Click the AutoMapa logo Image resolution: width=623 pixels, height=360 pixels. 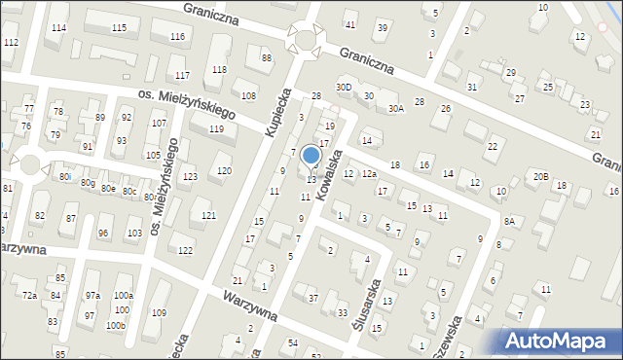tap(558, 341)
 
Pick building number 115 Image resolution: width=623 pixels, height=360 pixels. tap(119, 27)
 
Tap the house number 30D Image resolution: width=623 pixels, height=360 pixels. tap(343, 87)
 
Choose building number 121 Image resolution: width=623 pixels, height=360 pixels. tap(208, 215)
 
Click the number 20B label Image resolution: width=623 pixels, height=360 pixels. tap(540, 176)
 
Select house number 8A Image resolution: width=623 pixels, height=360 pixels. tap(508, 222)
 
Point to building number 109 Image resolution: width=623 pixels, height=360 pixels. tap(159, 312)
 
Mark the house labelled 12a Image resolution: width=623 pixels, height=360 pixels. tap(369, 173)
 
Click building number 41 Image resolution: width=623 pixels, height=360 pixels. tap(350, 24)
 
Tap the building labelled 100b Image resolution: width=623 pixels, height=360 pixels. tap(117, 325)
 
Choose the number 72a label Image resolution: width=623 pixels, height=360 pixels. tap(30, 295)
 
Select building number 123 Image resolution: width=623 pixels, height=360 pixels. tap(190, 176)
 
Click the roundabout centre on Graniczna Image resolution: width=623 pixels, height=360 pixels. tap(308, 41)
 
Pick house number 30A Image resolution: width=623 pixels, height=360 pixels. tap(395, 110)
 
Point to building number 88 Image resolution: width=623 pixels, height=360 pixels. tap(266, 59)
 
